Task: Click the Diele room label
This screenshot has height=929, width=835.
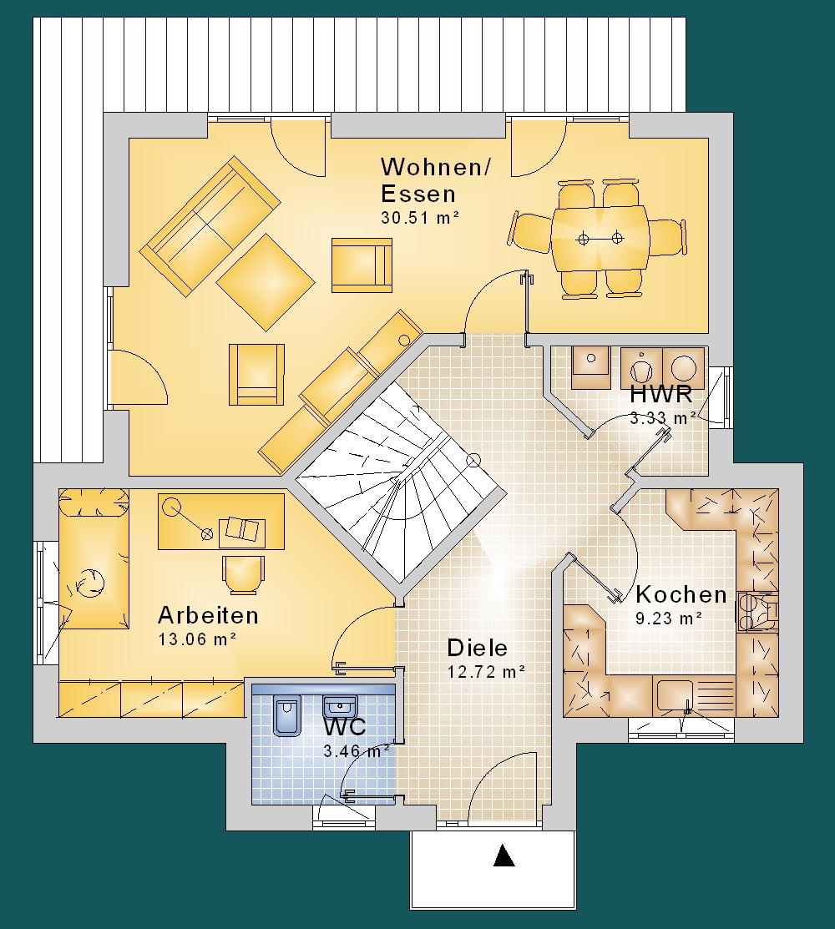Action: pos(477,648)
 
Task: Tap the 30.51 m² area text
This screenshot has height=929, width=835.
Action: pos(420,218)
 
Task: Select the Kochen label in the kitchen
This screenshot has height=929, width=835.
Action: pos(681,594)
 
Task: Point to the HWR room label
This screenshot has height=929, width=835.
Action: pos(660,394)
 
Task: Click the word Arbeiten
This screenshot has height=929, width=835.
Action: pos(208,616)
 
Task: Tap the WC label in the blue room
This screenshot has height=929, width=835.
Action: pos(344,726)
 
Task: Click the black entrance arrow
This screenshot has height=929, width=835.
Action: pos(504,856)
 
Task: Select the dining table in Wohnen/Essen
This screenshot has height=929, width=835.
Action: pos(600,239)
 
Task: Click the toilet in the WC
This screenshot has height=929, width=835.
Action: pos(287,715)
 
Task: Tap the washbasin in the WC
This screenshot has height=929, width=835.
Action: pos(340,707)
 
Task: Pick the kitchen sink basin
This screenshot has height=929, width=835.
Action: pos(675,695)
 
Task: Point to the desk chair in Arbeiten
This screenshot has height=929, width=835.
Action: pos(244,574)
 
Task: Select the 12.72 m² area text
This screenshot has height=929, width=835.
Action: pos(486,673)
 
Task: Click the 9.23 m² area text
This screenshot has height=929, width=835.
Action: pos(669,618)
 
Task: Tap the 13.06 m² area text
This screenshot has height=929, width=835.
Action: pos(197,639)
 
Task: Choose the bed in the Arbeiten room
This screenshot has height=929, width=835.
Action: pos(94,558)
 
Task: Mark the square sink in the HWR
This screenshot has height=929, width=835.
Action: pos(591,367)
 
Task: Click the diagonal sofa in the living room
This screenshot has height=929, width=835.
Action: pos(210,226)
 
